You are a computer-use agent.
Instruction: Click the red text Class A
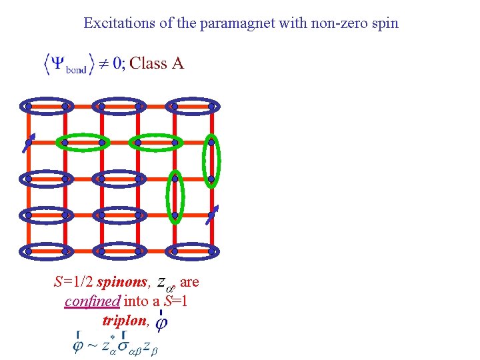(157, 63)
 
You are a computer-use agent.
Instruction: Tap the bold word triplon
(124, 320)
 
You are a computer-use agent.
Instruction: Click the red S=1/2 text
(73, 282)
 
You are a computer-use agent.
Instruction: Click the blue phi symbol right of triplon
(161, 323)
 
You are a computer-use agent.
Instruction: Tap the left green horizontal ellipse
(83, 142)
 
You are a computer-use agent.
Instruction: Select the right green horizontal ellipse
(156, 142)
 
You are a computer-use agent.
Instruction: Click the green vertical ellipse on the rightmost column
(211, 160)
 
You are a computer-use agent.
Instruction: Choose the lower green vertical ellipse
(175, 197)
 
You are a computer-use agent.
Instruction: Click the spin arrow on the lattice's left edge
(28, 144)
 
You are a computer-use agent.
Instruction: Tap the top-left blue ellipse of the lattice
(47, 106)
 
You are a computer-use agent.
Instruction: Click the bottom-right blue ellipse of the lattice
(193, 251)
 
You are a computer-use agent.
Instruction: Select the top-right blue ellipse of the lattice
(193, 106)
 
